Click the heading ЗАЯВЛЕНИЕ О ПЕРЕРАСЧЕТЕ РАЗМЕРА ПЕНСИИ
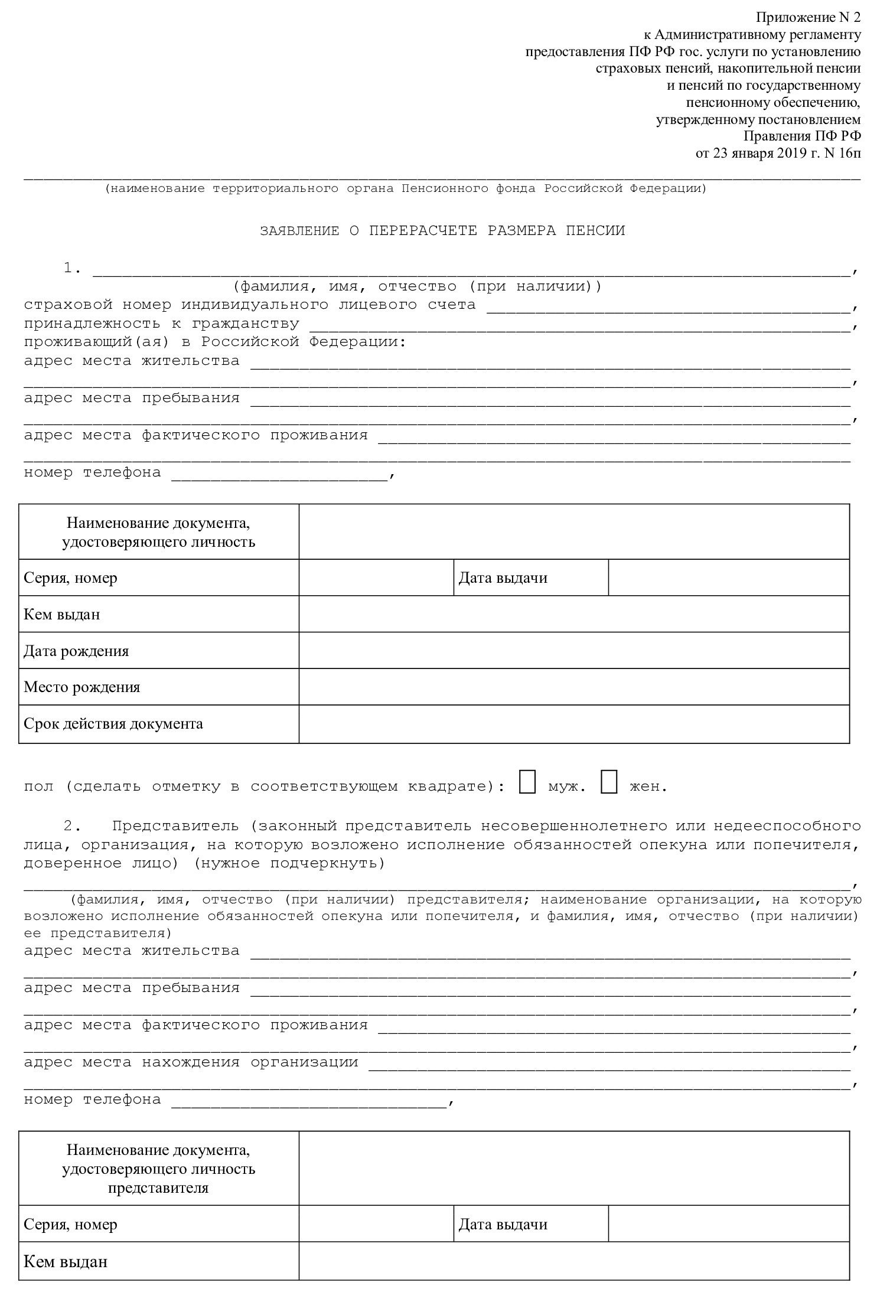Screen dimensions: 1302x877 coord(442,231)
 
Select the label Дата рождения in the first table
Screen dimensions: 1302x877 coord(76,651)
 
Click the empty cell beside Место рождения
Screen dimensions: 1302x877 coord(573,687)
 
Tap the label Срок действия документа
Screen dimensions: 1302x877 coord(113,723)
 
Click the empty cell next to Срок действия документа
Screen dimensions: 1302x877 coord(573,723)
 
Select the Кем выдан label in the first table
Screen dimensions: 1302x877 coord(62,614)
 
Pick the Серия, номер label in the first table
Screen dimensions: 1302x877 coord(71,577)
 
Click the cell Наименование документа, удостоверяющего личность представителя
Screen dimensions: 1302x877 coord(158,1169)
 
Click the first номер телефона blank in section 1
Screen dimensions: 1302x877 coord(279,474)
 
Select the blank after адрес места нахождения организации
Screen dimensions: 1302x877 coord(608,1063)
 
